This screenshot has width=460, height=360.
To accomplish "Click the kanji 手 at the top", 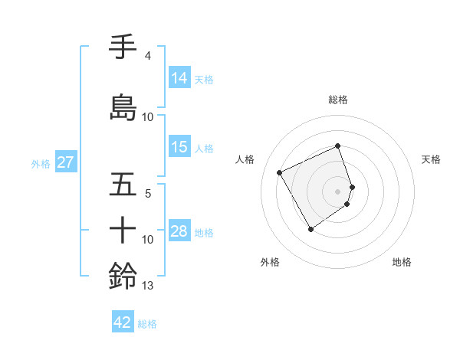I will pos(123,47).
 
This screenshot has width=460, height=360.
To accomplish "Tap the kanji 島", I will pos(123,108).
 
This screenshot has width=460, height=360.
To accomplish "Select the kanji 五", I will pos(123,186).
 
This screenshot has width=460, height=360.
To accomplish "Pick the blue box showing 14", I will pos(179,78).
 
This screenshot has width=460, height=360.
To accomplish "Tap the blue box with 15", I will pos(179,148).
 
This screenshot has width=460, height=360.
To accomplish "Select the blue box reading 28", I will pos(179,232).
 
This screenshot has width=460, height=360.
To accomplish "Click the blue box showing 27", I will pos(65,162).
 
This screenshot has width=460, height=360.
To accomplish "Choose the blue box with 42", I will pos(123,322).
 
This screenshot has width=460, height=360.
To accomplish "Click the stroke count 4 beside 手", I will pos(147,56).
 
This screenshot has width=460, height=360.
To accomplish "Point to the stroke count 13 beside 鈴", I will pos(148,286).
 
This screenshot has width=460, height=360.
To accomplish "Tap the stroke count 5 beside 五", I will pos(148,194).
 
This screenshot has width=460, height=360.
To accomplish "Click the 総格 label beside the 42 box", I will pos(148,324).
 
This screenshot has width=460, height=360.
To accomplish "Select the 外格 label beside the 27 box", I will pos(41,163).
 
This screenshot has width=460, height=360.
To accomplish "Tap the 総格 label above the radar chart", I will pos(338,100).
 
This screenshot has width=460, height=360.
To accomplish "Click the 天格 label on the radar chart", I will pos(432,159).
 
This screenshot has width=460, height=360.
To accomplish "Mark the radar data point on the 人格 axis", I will pos(280,173).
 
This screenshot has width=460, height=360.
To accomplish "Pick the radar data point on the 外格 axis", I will pos(310,229).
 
